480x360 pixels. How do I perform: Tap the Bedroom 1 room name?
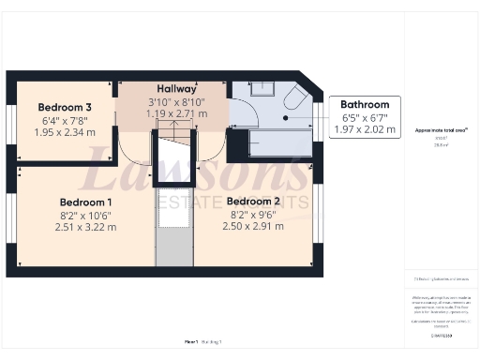85,202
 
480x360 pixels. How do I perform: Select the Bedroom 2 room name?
254,202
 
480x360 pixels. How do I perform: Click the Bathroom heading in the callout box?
364,105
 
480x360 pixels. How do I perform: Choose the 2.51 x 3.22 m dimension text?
85,227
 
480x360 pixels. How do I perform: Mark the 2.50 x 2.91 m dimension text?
254,226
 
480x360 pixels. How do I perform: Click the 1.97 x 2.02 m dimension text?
365,129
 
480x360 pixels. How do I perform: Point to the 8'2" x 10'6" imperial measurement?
85,215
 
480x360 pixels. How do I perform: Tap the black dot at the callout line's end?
288,118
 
